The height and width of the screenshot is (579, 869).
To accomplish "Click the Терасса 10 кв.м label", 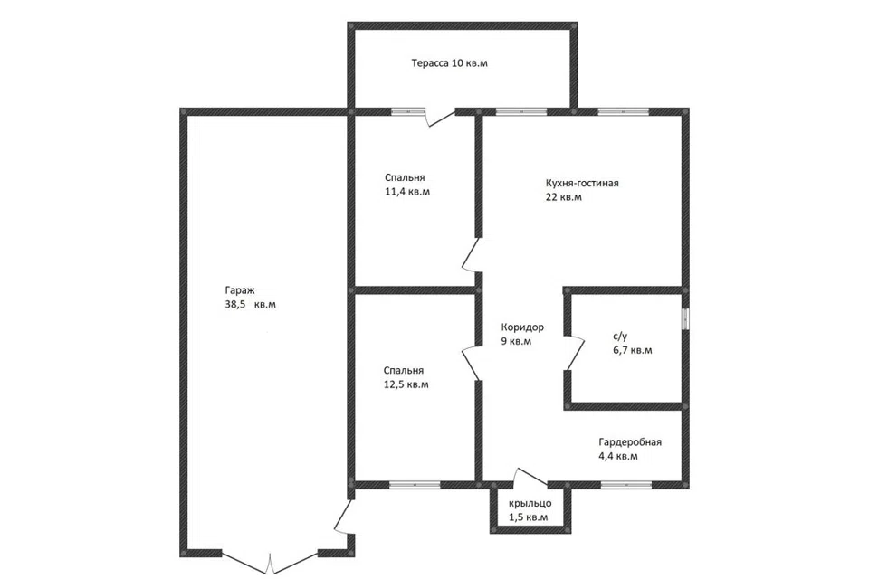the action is point(450,63).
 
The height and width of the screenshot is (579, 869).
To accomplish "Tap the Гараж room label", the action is point(240,290).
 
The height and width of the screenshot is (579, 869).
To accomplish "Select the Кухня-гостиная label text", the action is point(582,183).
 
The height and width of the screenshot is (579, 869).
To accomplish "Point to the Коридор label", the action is point(522,327).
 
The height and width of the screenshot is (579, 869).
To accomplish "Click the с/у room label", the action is point(620,336).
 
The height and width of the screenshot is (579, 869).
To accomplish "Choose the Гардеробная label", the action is point(630,442).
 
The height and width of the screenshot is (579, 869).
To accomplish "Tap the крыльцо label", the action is point(530,504).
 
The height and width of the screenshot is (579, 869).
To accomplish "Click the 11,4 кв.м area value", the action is point(407,192).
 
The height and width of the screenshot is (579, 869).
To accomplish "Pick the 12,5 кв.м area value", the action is point(406,384).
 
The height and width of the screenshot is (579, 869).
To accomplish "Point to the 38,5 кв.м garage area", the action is point(251,305).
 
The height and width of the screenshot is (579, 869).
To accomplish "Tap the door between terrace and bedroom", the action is point(441,118).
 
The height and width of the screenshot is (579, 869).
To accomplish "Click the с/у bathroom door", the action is point(575,353).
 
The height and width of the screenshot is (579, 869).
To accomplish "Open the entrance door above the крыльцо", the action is point(530,478).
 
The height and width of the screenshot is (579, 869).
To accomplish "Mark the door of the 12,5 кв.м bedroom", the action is point(471,363).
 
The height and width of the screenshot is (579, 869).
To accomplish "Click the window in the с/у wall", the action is point(685,319).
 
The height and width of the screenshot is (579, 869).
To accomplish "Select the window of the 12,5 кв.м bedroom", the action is point(415,485).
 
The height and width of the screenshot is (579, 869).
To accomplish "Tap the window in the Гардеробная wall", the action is point(626,485).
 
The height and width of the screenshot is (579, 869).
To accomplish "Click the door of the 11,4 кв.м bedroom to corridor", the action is point(471,255).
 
